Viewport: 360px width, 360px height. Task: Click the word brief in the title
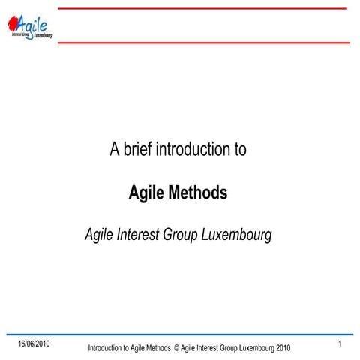tap(137, 149)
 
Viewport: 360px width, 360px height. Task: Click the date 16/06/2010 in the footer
tap(34, 343)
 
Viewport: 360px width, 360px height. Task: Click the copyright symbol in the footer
tap(176, 348)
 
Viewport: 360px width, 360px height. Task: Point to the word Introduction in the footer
tap(104, 348)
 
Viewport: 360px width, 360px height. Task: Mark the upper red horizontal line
tap(202, 8)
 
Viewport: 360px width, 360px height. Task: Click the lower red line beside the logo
tap(202, 43)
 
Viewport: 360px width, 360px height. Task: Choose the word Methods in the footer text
tap(157, 348)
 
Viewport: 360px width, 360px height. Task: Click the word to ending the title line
tap(239, 149)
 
